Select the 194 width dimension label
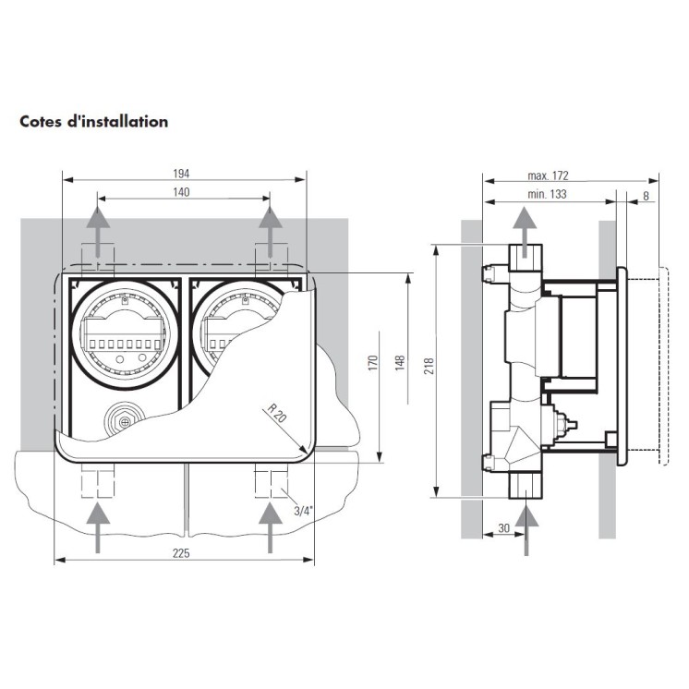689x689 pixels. pos(182,174)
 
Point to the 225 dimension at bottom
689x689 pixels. pos(182,552)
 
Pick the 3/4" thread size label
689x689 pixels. pos(302,509)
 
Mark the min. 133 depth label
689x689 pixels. pos(547,194)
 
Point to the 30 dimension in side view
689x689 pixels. pos(502,527)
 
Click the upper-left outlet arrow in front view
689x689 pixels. pos(95,230)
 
